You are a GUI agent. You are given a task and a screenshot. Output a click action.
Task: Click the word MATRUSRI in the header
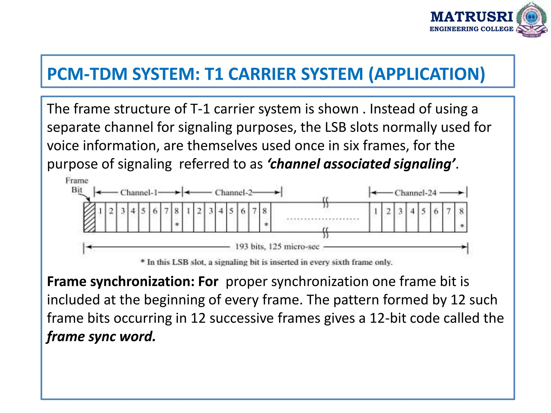[x=472, y=17]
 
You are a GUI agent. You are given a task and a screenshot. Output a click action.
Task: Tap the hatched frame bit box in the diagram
[x=89, y=217]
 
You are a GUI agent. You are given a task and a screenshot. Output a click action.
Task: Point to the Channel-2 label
[x=234, y=193]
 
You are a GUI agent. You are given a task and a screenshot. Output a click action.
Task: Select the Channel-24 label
[x=415, y=193]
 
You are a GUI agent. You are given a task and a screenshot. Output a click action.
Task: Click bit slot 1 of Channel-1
[x=100, y=211]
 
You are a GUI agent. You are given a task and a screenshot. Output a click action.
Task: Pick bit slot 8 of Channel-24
[x=461, y=211]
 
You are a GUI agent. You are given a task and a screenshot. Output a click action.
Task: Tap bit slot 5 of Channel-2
[x=231, y=211]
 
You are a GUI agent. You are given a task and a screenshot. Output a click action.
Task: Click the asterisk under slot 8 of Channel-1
[x=177, y=224]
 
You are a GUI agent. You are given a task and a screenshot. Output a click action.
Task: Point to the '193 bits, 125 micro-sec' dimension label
[x=277, y=247]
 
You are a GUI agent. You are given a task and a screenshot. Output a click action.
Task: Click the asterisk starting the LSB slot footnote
[x=143, y=261]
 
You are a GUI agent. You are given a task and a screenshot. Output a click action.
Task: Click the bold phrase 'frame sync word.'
[x=101, y=336]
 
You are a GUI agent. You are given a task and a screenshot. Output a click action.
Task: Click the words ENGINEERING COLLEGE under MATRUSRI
[x=471, y=29]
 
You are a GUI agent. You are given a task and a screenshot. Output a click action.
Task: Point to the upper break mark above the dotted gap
[x=326, y=202]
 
